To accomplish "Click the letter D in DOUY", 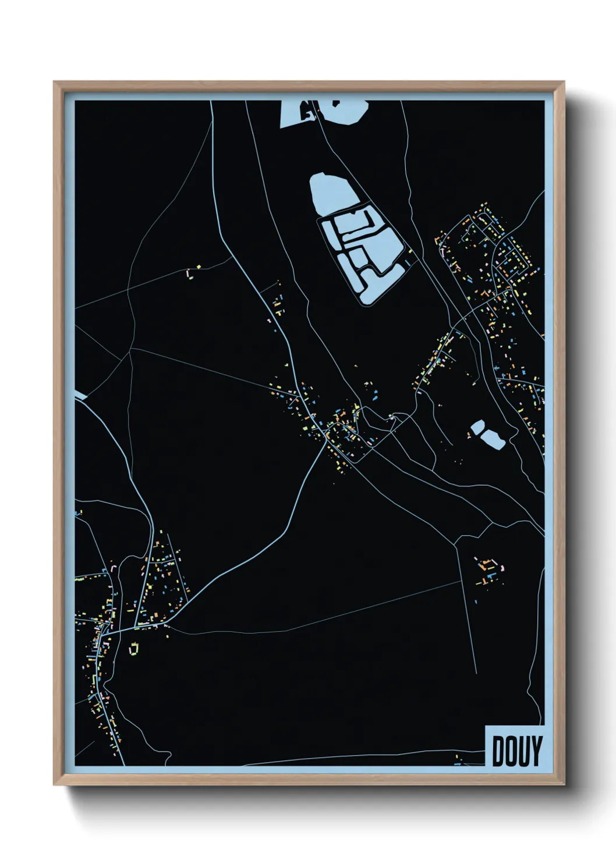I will [499, 751].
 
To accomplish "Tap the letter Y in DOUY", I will [536, 751].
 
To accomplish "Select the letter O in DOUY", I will [511, 751].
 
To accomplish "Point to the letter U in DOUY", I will [523, 751].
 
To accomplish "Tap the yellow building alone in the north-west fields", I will [199, 267].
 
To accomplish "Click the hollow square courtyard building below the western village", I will [134, 648].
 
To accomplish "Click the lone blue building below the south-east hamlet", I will [476, 602].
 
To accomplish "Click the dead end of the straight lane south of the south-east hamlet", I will [476, 673].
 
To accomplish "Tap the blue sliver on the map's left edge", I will [80, 395].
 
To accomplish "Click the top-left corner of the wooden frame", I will [54, 82].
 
